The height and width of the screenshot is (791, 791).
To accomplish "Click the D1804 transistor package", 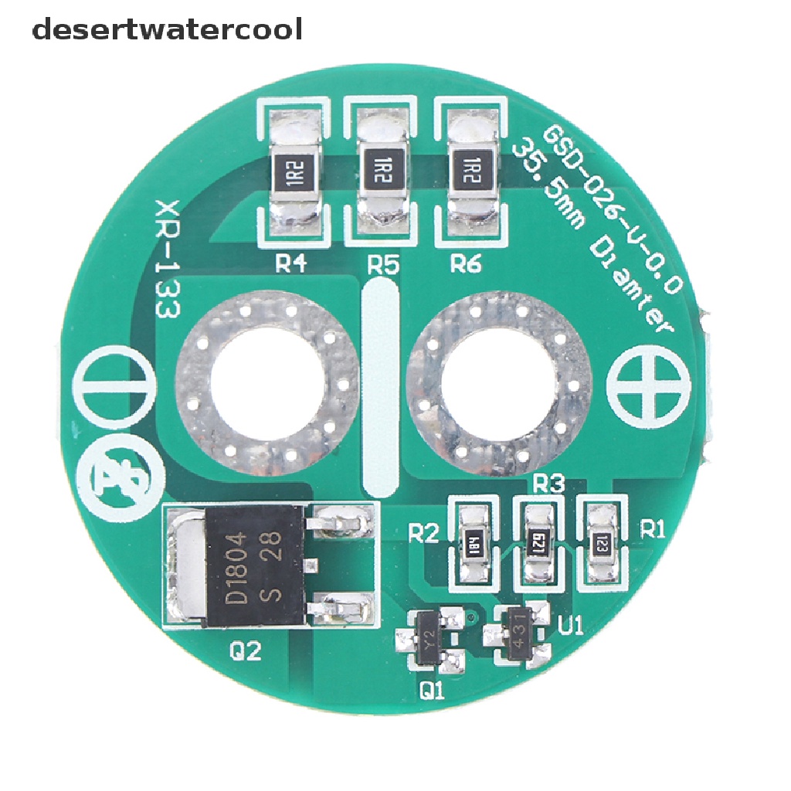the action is [x=255, y=565].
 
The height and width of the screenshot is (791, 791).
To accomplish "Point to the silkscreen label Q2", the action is [x=246, y=653].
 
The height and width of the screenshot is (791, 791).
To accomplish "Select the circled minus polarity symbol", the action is [x=113, y=391].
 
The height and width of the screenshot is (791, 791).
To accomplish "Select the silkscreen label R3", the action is [x=548, y=485].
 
